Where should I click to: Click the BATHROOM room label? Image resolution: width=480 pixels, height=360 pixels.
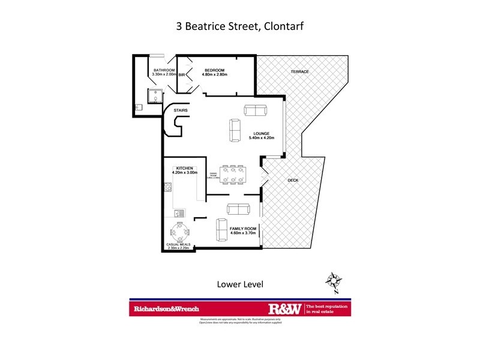tap(164, 70)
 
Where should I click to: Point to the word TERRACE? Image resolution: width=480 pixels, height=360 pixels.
tap(299, 72)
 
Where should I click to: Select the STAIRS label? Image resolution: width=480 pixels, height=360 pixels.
tap(181, 111)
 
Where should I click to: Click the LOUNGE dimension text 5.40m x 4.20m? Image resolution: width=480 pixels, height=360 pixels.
tap(262, 138)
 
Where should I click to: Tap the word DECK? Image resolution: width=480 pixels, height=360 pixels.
tap(293, 180)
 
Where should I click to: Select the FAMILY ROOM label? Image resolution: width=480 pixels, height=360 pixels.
tap(243, 229)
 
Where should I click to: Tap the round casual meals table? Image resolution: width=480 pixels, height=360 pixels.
tap(180, 231)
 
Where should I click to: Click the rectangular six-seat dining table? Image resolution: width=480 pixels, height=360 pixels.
tap(232, 175)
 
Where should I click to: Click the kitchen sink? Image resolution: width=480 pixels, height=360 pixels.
tap(178, 213)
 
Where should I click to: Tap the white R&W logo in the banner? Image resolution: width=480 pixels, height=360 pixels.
tap(286, 309)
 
